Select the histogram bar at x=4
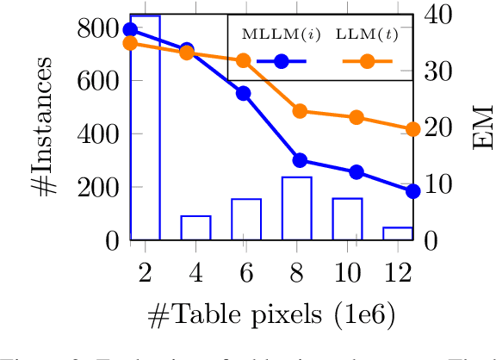pyautogui.click(x=195, y=227)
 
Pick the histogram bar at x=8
pyautogui.click(x=296, y=208)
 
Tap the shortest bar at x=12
pyautogui.click(x=398, y=233)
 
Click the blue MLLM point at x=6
pyautogui.click(x=244, y=93)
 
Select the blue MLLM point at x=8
pyautogui.click(x=300, y=160)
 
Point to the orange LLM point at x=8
pyautogui.click(x=300, y=111)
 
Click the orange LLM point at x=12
pyautogui.click(x=412, y=129)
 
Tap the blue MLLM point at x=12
pyautogui.click(x=412, y=190)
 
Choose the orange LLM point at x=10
pyautogui.click(x=356, y=117)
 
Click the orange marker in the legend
pyautogui.click(x=367, y=61)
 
